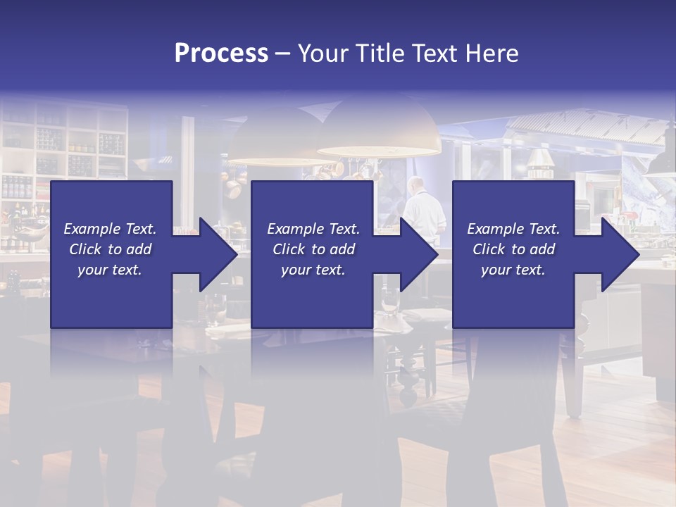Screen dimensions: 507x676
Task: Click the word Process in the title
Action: (x=221, y=54)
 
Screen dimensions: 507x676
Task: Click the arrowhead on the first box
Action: (x=215, y=254)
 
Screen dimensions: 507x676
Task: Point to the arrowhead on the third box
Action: (x=618, y=254)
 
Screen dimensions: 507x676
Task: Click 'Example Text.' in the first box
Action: (x=110, y=229)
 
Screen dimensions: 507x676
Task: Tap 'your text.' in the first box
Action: (x=110, y=270)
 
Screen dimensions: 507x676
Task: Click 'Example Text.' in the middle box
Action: (x=313, y=229)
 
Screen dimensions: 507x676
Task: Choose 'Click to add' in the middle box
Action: (x=313, y=249)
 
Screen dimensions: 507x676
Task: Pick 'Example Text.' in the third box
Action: (x=513, y=229)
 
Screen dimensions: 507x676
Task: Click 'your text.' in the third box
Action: (x=513, y=270)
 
